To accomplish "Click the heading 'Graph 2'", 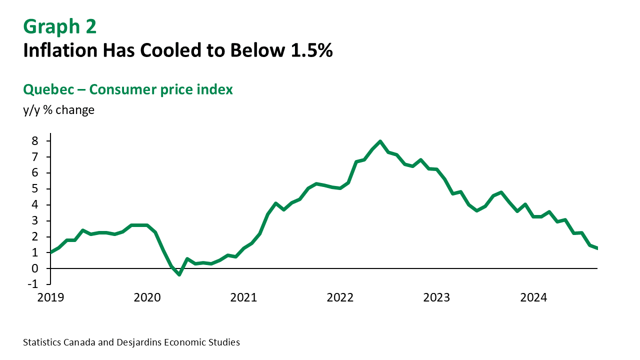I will tap(60, 27).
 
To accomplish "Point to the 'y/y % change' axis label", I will tap(58, 110).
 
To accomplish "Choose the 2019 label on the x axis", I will tap(50, 298).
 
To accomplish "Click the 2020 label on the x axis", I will tap(147, 298).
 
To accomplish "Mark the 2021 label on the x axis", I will tap(243, 298).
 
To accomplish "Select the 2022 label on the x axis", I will tap(340, 298).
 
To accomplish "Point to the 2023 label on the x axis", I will tap(436, 298).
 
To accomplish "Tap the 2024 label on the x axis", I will tap(533, 298).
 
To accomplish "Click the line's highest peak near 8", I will tap(380, 141).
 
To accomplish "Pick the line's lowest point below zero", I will tap(179, 274).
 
